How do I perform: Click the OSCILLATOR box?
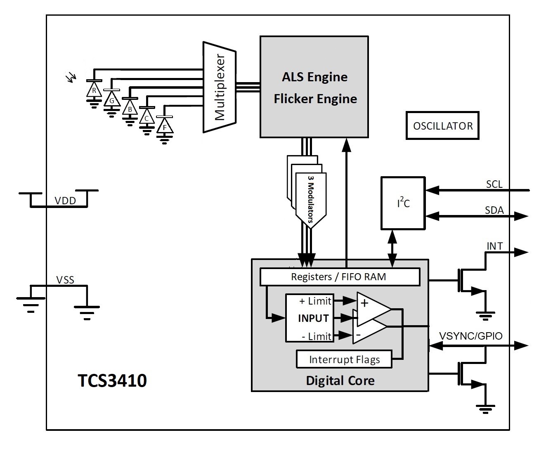pos(442,125)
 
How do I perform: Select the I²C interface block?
pos(403,203)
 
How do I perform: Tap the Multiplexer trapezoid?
pos(219,87)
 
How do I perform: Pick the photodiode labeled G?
pos(111,99)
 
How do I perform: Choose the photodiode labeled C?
pos(147,118)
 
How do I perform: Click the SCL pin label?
pos(494,184)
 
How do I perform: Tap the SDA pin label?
pos(494,210)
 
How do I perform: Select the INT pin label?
pos(494,246)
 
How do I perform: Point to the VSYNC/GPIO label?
pos(471,336)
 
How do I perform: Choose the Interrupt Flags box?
pos(344,359)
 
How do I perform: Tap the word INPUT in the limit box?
pos(313,319)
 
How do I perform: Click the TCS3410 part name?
pos(112,380)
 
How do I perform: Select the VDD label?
pos(65,201)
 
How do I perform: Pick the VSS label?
pos(65,280)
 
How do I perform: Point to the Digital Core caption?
pos(340,380)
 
